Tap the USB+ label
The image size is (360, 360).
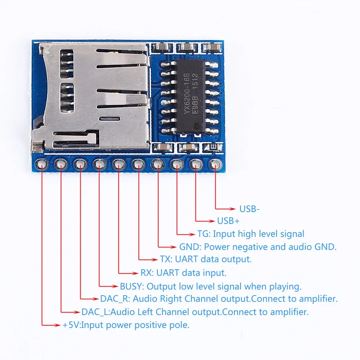click(x=228, y=221)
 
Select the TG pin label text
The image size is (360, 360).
click(x=203, y=234)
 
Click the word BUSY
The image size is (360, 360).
click(x=131, y=287)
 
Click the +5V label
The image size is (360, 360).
click(x=70, y=325)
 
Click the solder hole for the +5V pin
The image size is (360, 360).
click(x=42, y=165)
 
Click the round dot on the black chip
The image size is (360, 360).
click(x=197, y=126)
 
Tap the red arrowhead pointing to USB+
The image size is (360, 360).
click(x=212, y=221)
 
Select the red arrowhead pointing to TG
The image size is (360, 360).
click(x=193, y=234)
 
